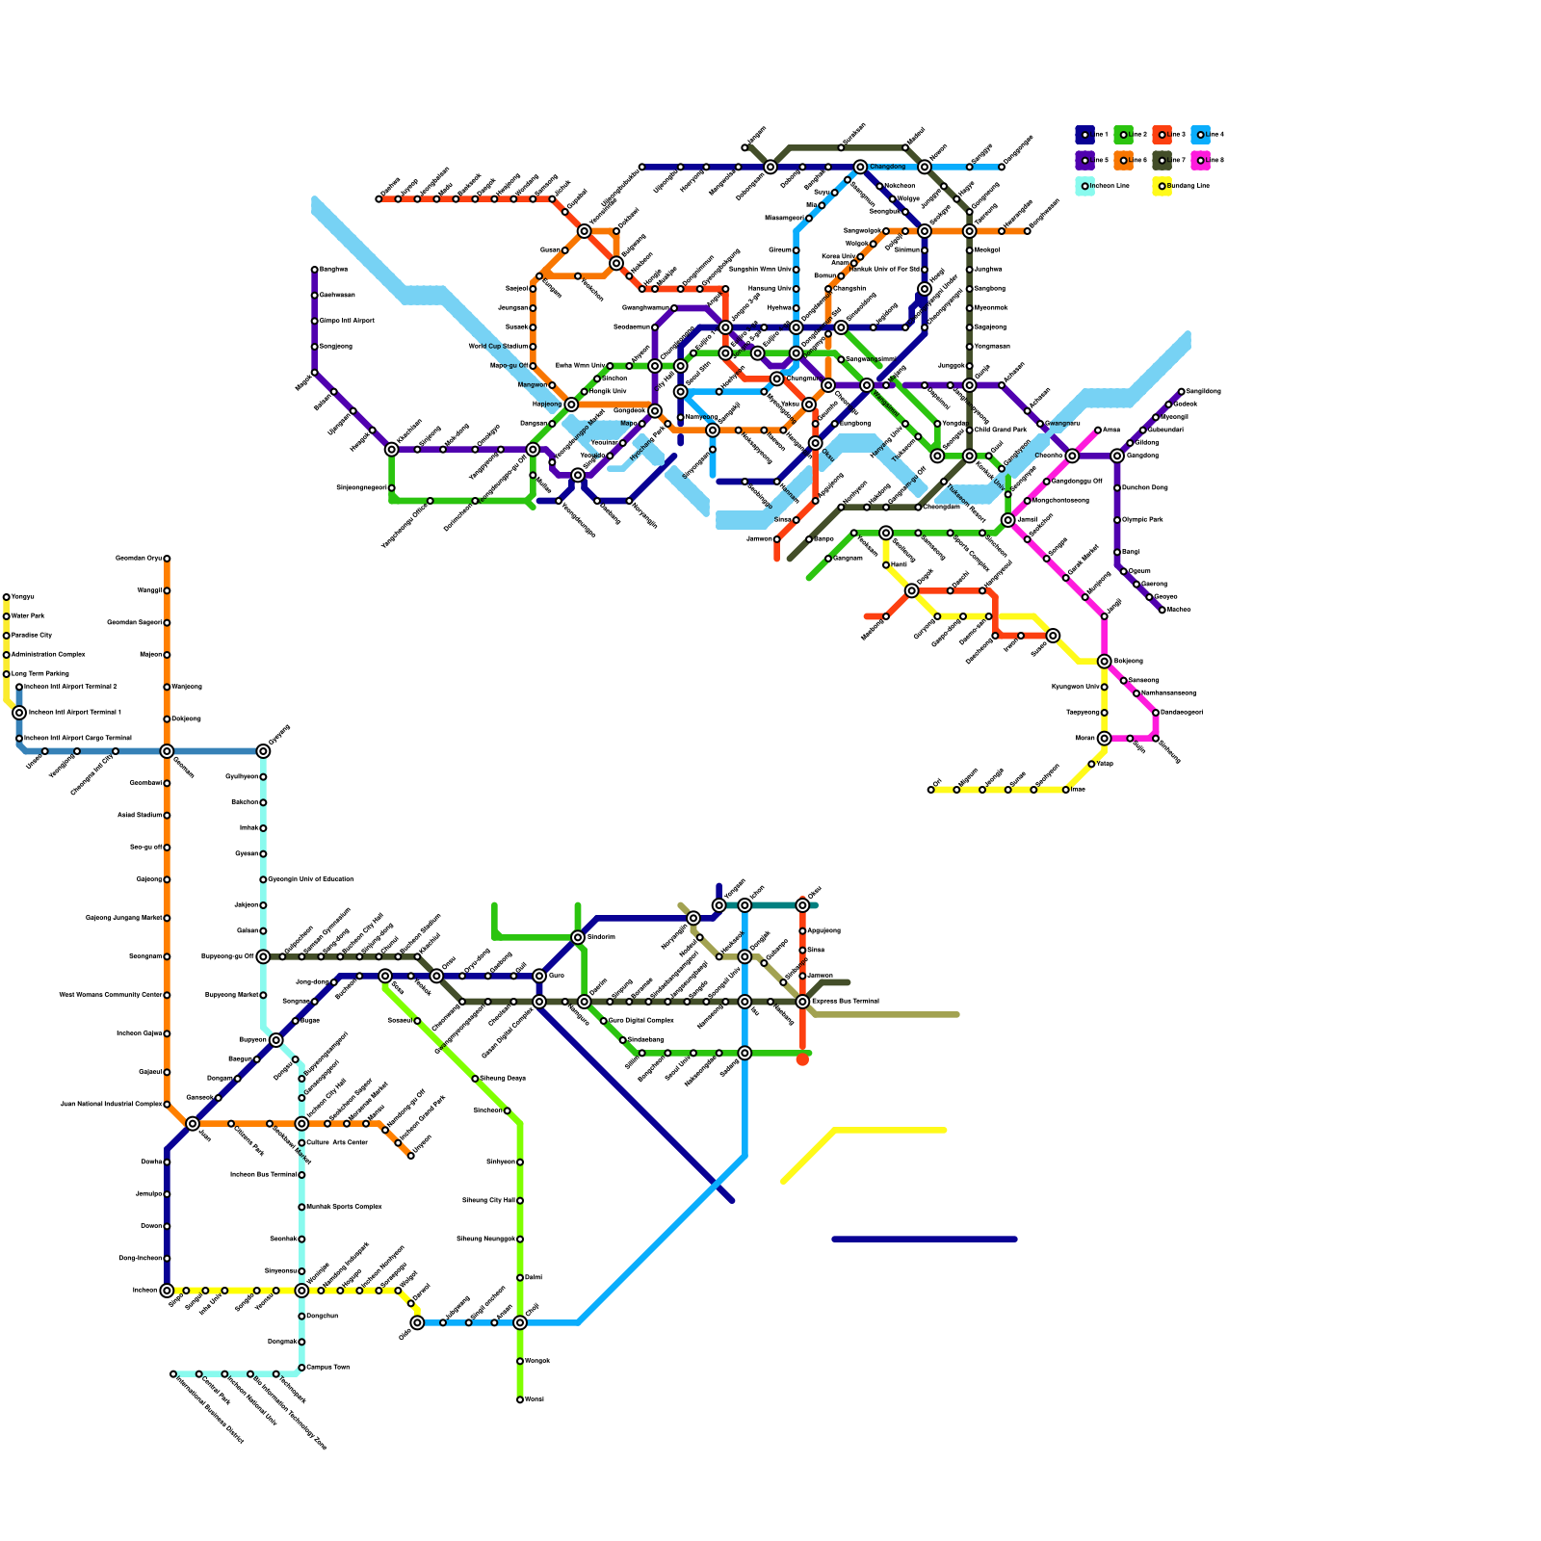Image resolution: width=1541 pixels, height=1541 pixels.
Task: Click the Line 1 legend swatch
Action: click(1084, 135)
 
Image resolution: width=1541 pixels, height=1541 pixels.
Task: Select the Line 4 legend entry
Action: click(1200, 135)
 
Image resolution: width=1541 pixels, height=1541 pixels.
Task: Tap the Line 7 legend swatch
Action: click(1162, 160)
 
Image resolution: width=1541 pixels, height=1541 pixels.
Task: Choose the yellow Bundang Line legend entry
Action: click(1162, 186)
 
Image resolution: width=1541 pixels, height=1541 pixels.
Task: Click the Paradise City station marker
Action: click(7, 636)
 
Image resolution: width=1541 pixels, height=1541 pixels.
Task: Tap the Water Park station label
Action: click(28, 616)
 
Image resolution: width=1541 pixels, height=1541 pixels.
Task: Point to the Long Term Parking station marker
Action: click(7, 674)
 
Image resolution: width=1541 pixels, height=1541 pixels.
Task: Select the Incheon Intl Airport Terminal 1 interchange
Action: click(19, 713)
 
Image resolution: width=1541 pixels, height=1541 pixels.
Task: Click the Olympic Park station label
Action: click(1142, 520)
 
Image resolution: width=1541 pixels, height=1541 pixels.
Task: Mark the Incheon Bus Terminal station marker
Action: click(301, 1175)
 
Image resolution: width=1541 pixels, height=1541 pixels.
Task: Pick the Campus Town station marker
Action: click(301, 1368)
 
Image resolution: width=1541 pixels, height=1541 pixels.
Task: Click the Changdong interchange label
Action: click(888, 168)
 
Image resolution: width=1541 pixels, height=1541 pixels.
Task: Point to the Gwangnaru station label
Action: click(1062, 424)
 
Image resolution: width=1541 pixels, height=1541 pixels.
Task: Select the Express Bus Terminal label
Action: click(845, 1002)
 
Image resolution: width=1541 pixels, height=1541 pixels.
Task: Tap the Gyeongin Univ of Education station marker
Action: click(263, 879)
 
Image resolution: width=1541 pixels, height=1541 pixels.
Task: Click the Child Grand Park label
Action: click(1001, 431)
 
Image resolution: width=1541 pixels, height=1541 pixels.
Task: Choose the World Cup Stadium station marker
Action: click(533, 347)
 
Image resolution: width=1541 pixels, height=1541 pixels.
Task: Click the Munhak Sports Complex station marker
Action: click(301, 1207)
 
